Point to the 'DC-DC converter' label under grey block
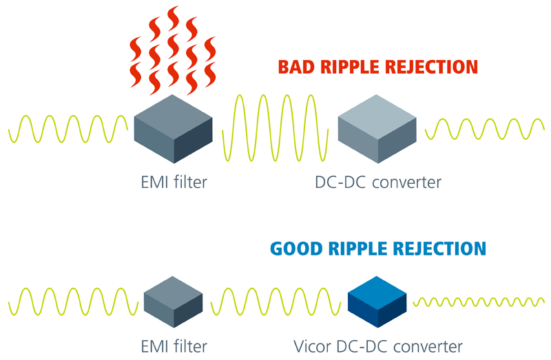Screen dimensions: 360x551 [x=377, y=182]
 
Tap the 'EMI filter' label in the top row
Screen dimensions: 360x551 [x=171, y=182]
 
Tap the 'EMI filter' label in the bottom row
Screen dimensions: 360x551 [x=171, y=344]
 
